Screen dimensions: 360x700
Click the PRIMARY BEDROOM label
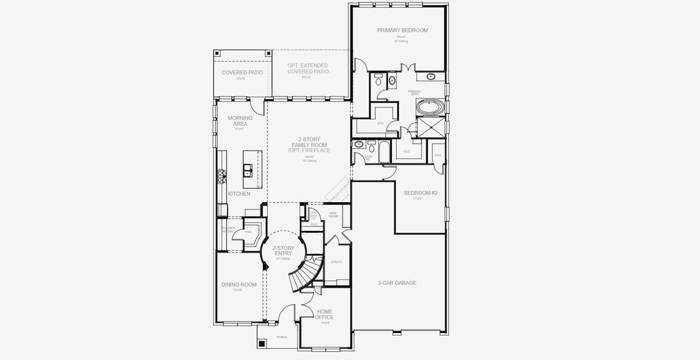pos(402,30)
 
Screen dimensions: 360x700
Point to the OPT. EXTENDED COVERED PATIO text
pos(307,68)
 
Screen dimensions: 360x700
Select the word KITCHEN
pos(239,194)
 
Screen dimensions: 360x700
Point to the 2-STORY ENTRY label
pos(283,251)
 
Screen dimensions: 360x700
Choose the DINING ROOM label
pos(238,285)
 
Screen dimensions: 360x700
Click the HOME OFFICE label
pos(324,314)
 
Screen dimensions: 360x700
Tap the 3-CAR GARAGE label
pos(397,283)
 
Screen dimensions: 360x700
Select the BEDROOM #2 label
pos(417,193)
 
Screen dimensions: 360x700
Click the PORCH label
pos(282,337)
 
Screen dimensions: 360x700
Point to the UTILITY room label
pos(336,262)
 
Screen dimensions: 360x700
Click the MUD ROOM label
pos(333,215)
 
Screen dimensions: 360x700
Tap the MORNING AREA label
pos(240,121)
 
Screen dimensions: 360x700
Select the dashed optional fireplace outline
pos(336,190)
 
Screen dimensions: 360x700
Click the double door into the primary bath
pos(408,68)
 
